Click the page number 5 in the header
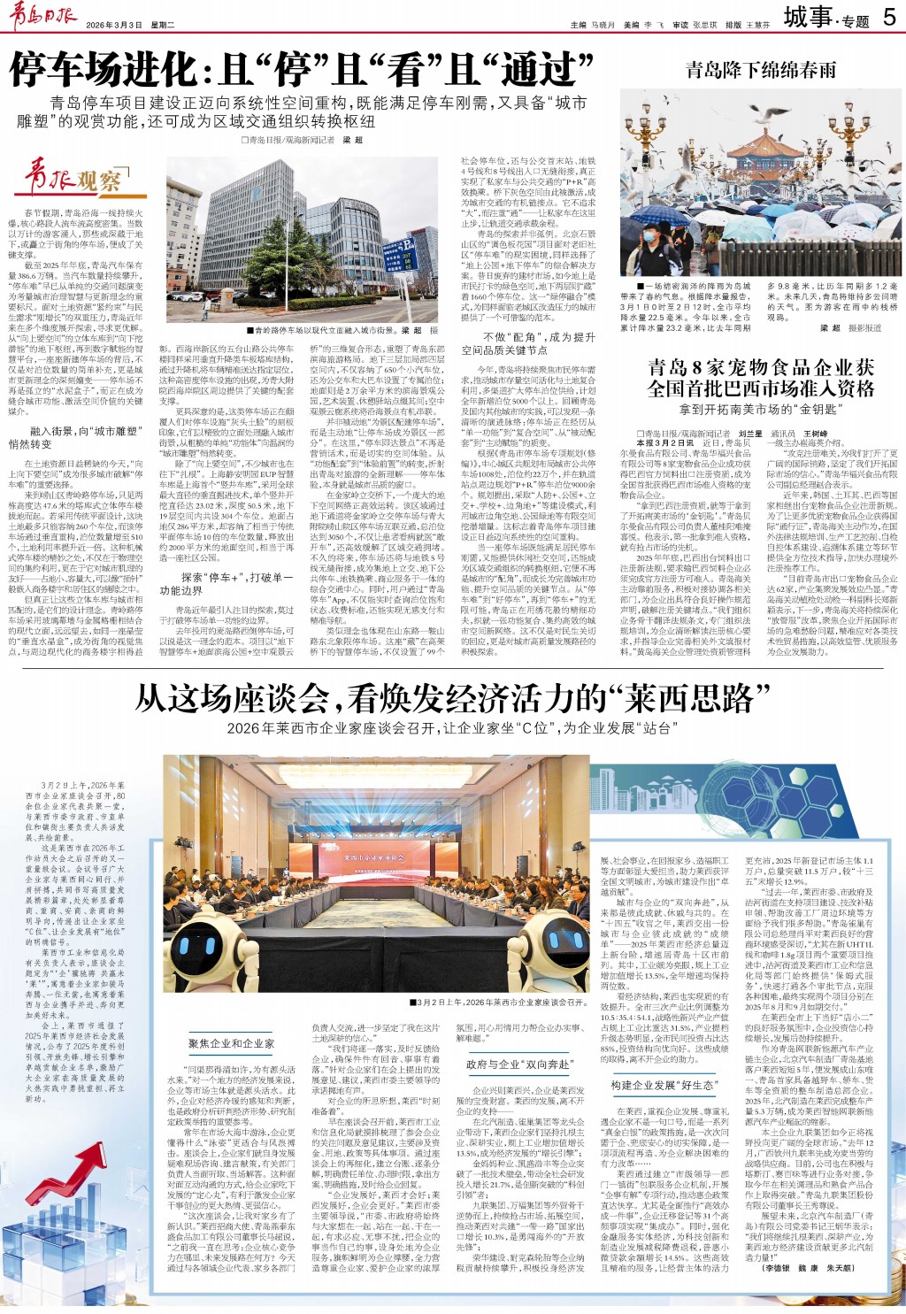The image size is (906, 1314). pos(888,17)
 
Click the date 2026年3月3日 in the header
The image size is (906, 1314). pos(114,25)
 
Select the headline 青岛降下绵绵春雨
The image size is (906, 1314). pos(760,69)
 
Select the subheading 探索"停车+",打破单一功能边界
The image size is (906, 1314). pos(226,583)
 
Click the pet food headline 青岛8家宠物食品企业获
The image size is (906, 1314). pos(760,367)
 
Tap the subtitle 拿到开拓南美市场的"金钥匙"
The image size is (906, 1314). pos(760,409)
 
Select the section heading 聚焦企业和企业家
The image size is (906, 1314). pos(232,1044)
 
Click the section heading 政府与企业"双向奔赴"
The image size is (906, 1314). pos(518,1064)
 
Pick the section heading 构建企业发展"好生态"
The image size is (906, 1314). pos(662,1086)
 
